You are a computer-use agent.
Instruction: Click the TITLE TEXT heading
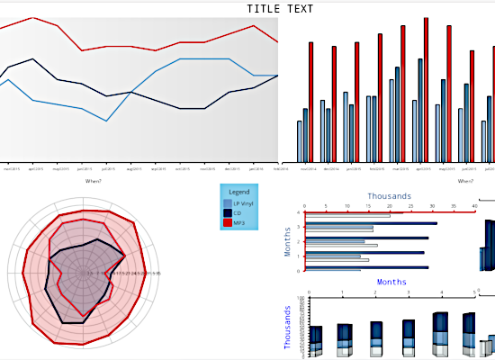[280, 9]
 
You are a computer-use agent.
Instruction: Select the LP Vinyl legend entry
[242, 204]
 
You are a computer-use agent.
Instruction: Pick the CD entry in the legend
[237, 213]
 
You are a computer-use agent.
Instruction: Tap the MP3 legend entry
[238, 222]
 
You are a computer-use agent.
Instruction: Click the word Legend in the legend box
[238, 192]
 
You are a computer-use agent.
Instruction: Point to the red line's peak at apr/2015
[33, 17]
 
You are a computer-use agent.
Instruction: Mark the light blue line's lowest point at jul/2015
[106, 121]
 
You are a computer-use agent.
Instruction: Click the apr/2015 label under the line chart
[36, 168]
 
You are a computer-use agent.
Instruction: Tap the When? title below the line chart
[94, 181]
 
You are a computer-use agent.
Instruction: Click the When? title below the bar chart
[464, 181]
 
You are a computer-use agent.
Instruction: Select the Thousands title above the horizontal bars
[390, 196]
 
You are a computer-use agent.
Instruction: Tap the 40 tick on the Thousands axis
[475, 206]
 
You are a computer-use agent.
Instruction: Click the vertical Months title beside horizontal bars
[288, 241]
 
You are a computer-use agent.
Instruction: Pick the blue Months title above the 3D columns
[391, 282]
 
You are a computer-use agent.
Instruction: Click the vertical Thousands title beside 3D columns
[288, 327]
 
